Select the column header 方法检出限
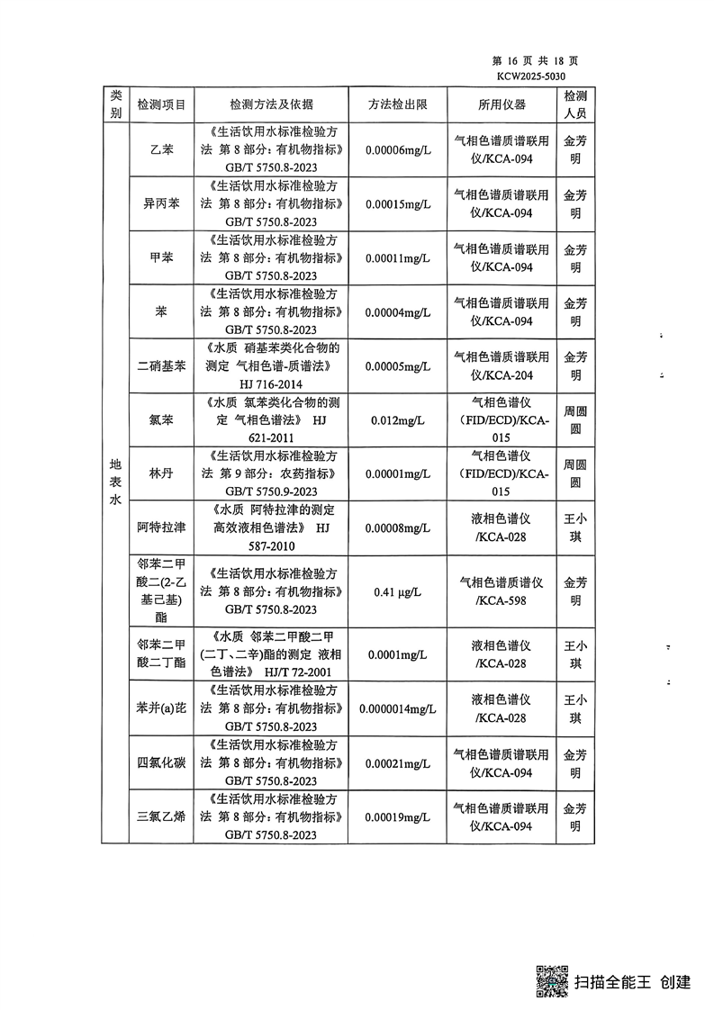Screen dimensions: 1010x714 tap(397, 104)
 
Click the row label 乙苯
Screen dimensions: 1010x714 tap(160, 149)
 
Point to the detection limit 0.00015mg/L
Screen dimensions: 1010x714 tap(398, 203)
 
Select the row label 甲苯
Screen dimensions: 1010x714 tap(160, 257)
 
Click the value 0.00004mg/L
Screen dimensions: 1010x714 tap(398, 312)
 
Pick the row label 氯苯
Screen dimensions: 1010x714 tap(160, 420)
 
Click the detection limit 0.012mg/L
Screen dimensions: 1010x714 tap(398, 420)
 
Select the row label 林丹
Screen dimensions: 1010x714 tap(160, 474)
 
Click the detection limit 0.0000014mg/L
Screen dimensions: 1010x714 tap(398, 708)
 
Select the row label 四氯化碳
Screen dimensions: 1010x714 tap(160, 763)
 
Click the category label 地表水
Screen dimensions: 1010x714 tap(114, 483)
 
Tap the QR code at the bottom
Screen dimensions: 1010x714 tap(552, 980)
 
